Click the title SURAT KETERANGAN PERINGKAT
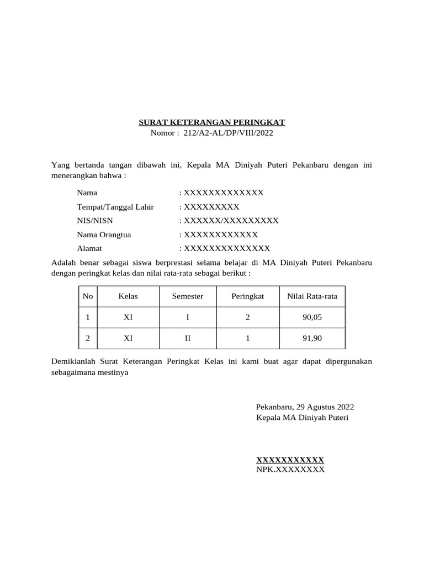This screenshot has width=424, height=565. click(x=211, y=122)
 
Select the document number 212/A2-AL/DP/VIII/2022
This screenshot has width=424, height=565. click(x=228, y=133)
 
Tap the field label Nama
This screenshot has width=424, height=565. click(x=87, y=193)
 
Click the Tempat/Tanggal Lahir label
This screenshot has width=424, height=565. click(x=115, y=207)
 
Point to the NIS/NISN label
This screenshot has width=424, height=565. click(x=95, y=221)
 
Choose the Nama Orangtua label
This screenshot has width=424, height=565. click(x=104, y=234)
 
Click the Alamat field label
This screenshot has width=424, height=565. click(x=89, y=248)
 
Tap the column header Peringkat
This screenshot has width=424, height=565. click(x=248, y=296)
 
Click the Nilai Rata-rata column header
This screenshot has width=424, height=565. click(x=312, y=296)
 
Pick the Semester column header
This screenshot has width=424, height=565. click(x=188, y=296)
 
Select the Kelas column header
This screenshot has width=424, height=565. click(x=128, y=296)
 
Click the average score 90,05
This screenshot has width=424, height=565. click(x=312, y=318)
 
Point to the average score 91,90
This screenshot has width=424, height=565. click(x=312, y=339)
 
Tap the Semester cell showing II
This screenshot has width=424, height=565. click(x=188, y=339)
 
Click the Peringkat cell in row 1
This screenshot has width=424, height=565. click(x=248, y=318)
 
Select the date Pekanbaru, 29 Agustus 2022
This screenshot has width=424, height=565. click(x=305, y=407)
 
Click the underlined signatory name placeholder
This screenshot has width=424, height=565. click(x=290, y=460)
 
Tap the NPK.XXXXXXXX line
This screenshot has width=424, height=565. click(x=290, y=470)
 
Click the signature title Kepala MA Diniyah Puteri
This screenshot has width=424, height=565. click(x=302, y=418)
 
